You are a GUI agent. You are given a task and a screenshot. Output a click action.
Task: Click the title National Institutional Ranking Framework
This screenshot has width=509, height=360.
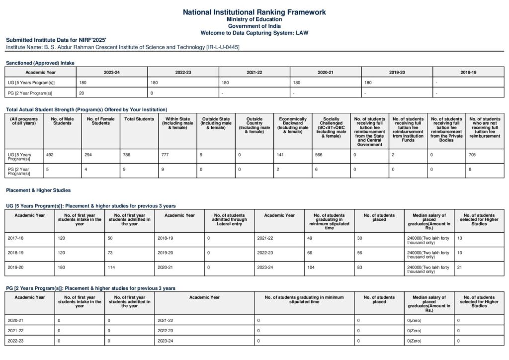[x=254, y=12]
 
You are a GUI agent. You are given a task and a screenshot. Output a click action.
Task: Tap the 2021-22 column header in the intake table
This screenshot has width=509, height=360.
[x=254, y=72]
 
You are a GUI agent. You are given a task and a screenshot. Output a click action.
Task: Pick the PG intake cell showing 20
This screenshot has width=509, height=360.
[x=82, y=93]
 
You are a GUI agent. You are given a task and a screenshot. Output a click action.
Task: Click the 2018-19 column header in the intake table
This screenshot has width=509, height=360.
[x=468, y=72]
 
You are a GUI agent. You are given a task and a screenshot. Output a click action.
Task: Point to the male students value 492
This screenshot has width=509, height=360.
[x=50, y=155]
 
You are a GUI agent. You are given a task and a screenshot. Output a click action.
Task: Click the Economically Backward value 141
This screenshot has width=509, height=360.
[x=280, y=155]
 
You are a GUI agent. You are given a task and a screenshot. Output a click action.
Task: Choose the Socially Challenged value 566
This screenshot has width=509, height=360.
[x=319, y=155]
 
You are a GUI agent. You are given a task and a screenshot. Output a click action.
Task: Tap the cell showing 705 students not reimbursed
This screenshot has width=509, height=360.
[x=472, y=155]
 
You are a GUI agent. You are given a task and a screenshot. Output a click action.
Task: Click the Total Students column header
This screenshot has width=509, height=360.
[x=139, y=119]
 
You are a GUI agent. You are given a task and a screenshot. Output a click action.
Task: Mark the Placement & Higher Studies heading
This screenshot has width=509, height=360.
[x=38, y=190]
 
